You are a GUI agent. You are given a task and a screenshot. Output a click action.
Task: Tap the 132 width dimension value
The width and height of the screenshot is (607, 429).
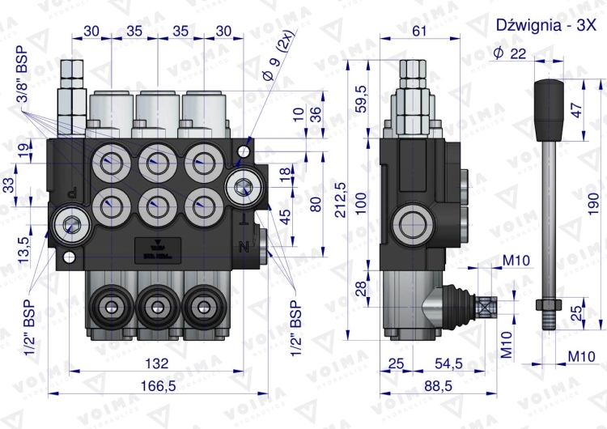point(159,363)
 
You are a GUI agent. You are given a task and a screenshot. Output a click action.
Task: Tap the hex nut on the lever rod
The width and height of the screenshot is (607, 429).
point(546,304)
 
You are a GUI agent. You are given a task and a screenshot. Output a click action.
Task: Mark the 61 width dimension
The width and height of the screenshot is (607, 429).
point(419,31)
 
